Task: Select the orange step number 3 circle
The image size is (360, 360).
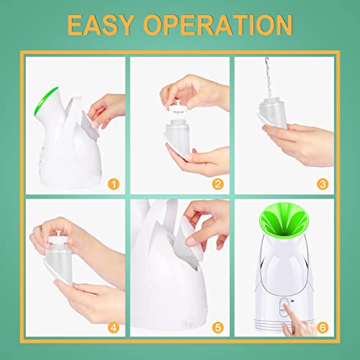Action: (323, 184)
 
